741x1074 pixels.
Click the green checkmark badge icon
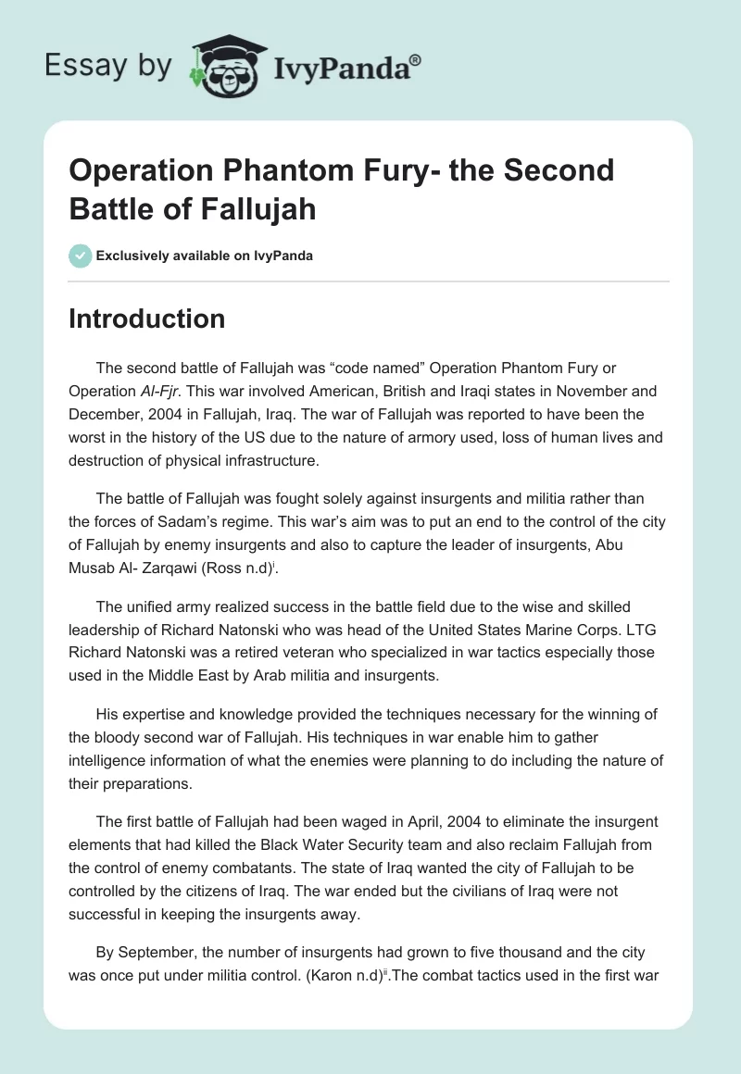coord(80,256)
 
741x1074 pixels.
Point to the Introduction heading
coord(146,318)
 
